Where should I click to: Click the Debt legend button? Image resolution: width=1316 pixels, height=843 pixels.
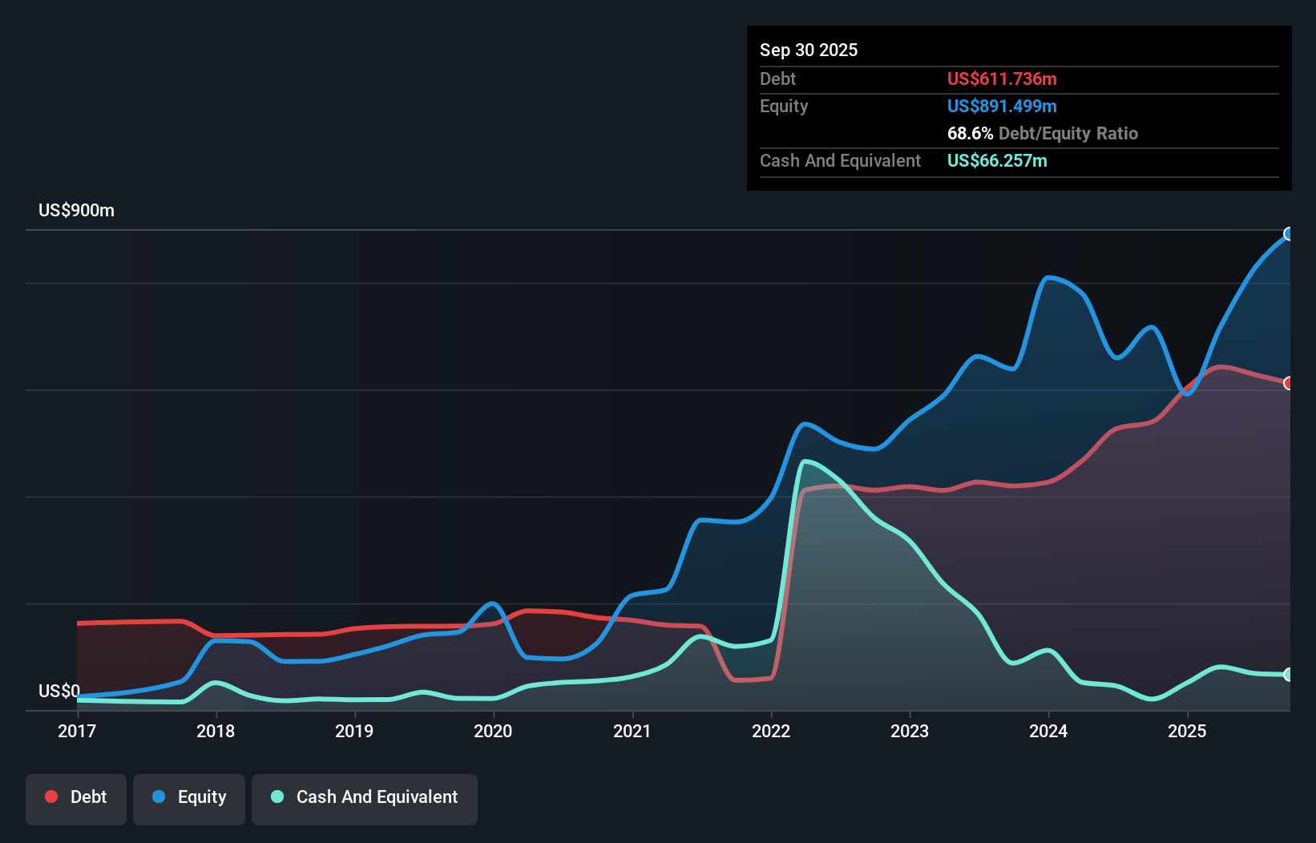coord(76,797)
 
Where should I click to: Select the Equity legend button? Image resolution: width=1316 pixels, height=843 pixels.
coord(189,797)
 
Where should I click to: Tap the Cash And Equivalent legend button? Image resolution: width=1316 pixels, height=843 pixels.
coord(365,797)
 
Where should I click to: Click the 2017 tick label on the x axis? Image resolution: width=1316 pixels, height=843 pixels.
coord(77,731)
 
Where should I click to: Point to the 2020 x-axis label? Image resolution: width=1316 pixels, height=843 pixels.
coord(493,731)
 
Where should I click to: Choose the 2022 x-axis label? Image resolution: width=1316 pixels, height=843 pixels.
coord(771,731)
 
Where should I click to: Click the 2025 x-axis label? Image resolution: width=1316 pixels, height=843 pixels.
coord(1187,731)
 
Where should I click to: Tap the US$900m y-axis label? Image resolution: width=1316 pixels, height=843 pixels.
coord(77,211)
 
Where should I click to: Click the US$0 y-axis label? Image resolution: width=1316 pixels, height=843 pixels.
coord(59,691)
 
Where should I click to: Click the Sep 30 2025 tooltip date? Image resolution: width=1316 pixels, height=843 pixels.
coord(809,50)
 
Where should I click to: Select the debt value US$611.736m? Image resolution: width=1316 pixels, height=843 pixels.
coord(1002,79)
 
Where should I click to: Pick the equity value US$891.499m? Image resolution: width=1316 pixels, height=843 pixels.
coord(1002,106)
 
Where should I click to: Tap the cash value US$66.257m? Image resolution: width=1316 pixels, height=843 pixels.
coord(997,160)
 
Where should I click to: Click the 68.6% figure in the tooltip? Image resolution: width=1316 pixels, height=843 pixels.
coord(970,133)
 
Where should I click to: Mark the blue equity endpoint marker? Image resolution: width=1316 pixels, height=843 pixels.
coord(1289,234)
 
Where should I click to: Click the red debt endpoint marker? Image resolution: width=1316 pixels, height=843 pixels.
coord(1289,383)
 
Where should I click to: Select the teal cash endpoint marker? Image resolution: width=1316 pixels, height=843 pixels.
coord(1289,675)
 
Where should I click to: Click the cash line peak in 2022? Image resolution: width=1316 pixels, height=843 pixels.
coord(805,461)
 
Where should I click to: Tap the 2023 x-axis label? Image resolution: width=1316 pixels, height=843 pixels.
coord(910,731)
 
